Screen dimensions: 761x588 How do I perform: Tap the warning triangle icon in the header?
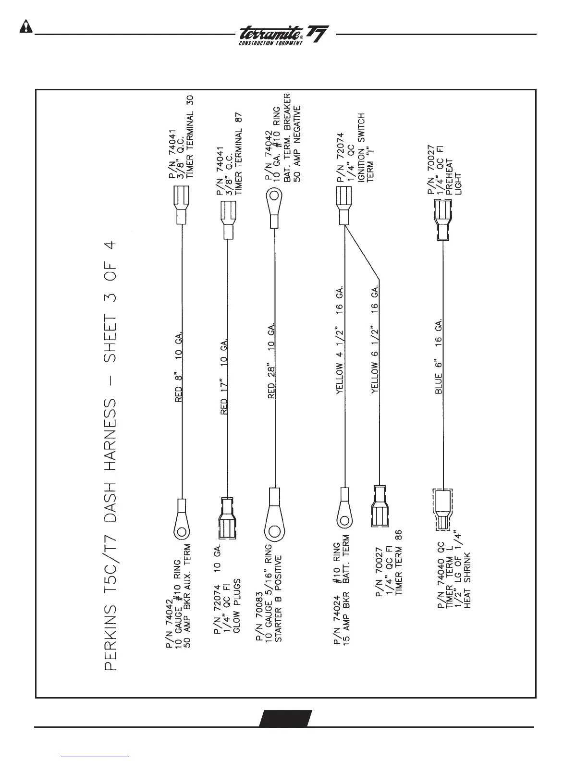click(25, 27)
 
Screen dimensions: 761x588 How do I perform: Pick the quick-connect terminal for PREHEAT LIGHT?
click(442, 220)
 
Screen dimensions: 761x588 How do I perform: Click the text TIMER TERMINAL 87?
click(243, 153)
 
